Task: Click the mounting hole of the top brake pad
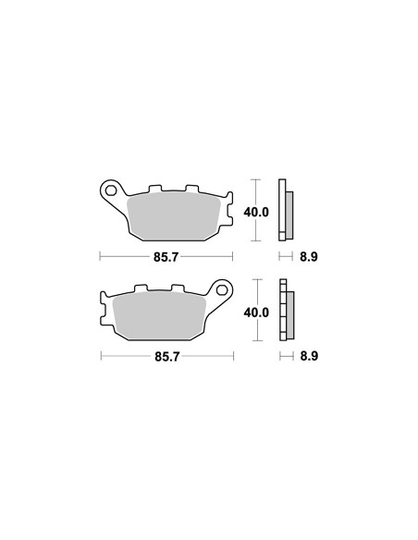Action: pos(111,190)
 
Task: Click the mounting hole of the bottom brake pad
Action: pos(221,290)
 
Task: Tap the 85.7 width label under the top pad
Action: pos(166,257)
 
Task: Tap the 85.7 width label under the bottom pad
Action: pos(167,357)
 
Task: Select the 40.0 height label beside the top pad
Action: pos(256,212)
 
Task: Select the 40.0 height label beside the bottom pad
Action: pos(256,313)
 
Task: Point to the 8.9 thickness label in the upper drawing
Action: pos(309,257)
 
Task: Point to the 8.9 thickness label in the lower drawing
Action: pos(309,356)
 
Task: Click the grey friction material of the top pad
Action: pos(173,216)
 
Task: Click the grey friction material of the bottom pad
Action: pos(159,316)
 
